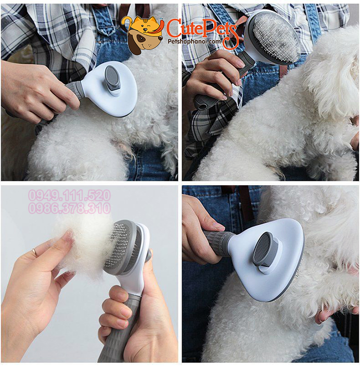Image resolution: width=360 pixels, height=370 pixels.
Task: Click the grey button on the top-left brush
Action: pos(113,79)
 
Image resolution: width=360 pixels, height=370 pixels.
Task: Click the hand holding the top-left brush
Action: pos(35,90)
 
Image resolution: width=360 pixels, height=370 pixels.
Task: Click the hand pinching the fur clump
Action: pos(35,280)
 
